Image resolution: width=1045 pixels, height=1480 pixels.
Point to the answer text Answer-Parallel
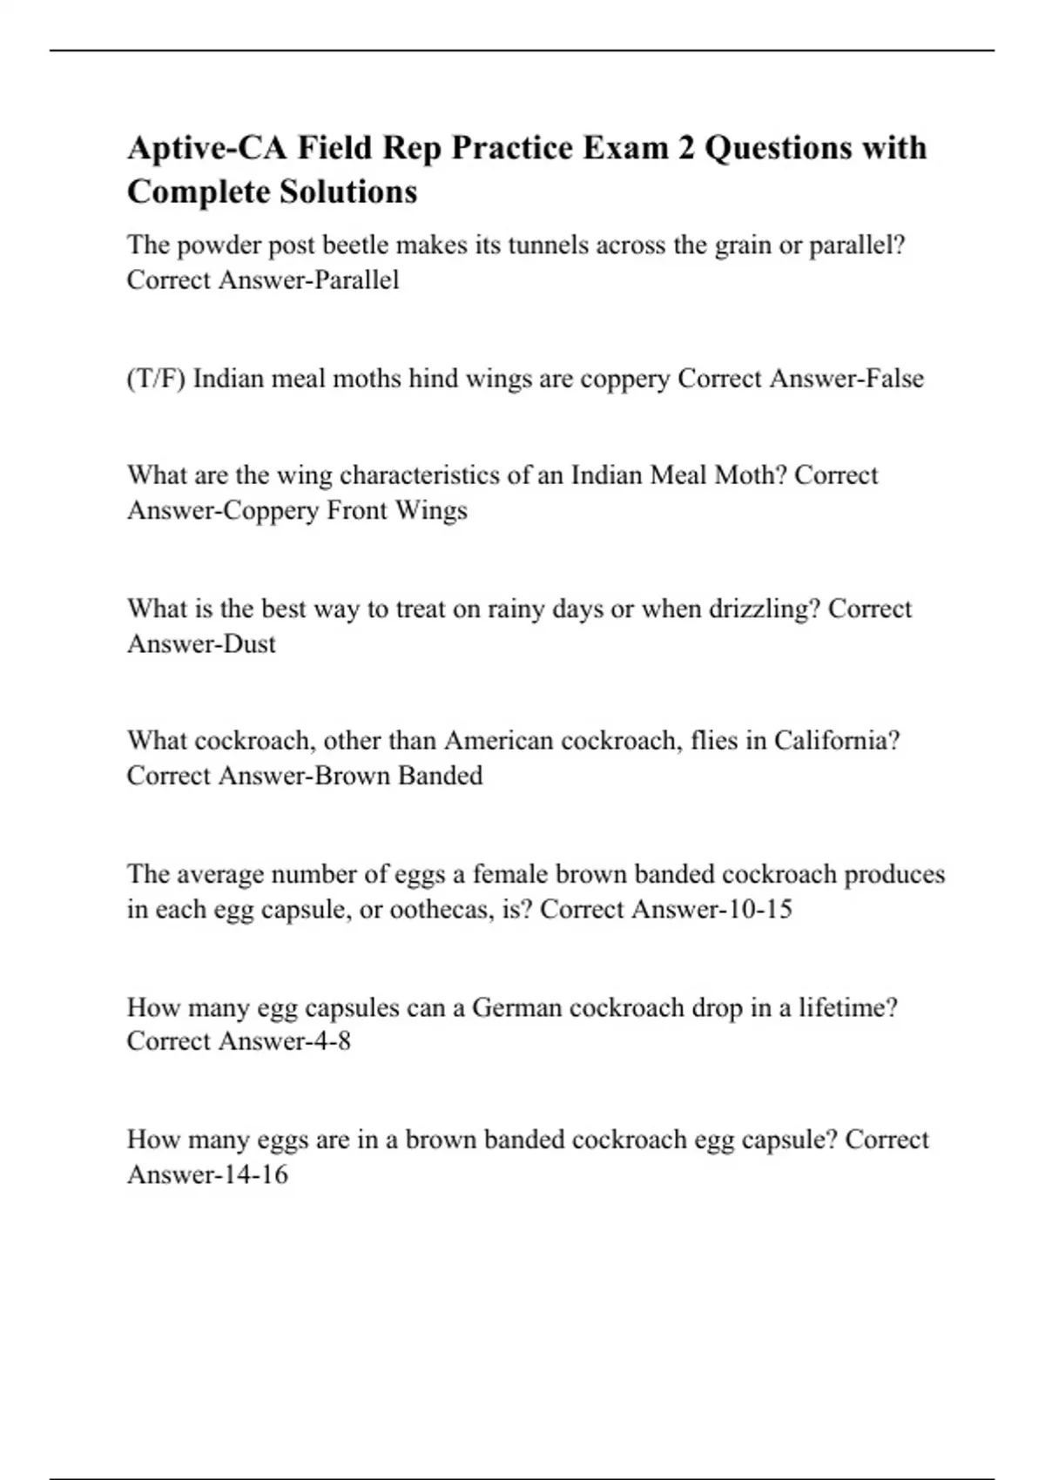click(309, 280)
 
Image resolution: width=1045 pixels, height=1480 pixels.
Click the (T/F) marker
click(156, 379)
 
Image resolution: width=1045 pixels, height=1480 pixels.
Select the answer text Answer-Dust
click(201, 644)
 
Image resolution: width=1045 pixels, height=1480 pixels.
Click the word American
click(499, 741)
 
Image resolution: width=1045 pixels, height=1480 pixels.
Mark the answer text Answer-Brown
click(305, 776)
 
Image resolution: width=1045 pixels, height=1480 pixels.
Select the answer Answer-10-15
click(711, 910)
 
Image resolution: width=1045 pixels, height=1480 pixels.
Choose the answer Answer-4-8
click(285, 1041)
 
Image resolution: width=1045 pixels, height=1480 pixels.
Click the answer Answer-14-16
click(207, 1175)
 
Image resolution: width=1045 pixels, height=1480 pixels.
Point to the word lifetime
click(849, 1008)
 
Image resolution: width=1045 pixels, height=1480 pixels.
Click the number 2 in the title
click(685, 148)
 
